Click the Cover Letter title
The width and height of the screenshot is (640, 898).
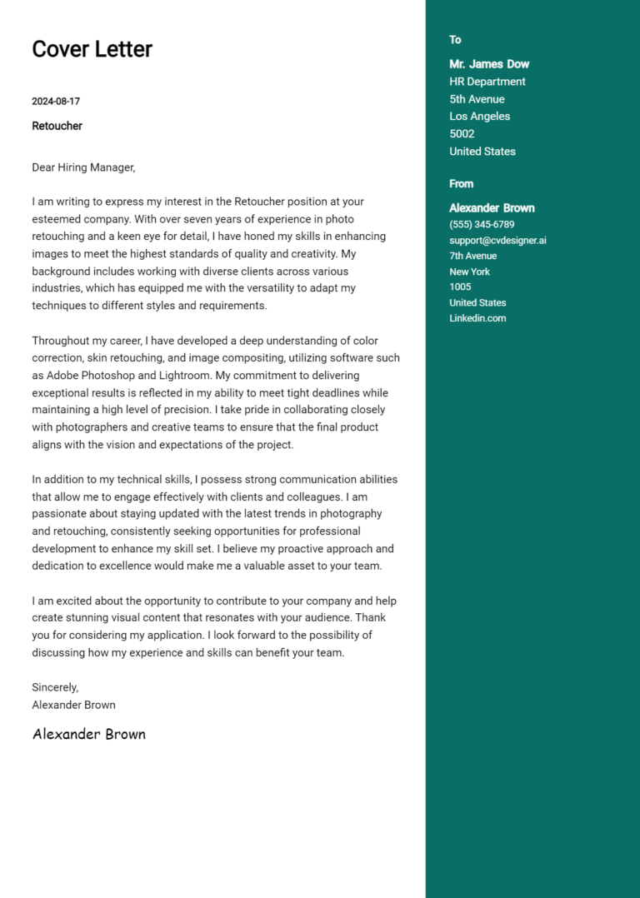[92, 49]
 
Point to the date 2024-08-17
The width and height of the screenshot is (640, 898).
[56, 102]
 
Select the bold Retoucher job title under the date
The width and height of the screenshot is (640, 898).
[57, 126]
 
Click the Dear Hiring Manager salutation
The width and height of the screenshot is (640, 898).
[83, 167]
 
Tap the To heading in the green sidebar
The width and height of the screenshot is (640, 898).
[455, 40]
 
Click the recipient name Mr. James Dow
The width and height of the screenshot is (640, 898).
[489, 64]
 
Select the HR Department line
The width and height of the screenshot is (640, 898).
[487, 82]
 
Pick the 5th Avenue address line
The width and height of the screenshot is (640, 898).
[477, 99]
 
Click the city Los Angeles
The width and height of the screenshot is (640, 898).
[479, 117]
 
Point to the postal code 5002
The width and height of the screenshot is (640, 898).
[462, 134]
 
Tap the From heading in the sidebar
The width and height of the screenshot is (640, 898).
[461, 184]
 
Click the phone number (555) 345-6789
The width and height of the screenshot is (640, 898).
[482, 224]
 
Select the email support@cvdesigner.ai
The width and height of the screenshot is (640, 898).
[497, 240]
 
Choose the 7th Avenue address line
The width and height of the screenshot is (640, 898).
[472, 256]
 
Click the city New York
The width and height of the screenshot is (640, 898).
[469, 272]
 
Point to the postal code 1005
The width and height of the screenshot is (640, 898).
[460, 287]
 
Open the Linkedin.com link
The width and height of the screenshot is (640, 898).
[477, 318]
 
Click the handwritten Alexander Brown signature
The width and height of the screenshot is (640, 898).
[89, 734]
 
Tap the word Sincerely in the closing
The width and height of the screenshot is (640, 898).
[54, 687]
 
